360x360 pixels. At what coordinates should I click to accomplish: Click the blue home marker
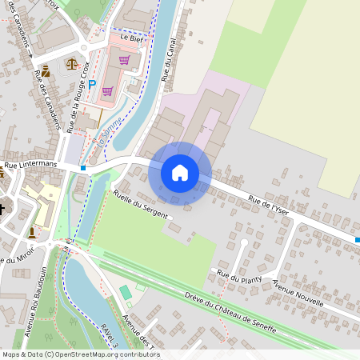click(x=180, y=173)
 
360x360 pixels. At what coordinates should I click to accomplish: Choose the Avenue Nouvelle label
click(x=298, y=294)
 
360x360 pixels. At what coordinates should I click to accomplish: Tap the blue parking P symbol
click(x=92, y=83)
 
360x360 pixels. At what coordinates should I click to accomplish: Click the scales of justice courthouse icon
click(x=73, y=63)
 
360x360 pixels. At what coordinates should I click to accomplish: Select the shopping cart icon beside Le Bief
click(x=124, y=59)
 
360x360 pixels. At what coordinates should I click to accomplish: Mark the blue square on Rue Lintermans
click(x=83, y=168)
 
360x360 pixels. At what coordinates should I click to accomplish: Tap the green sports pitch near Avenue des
click(x=126, y=293)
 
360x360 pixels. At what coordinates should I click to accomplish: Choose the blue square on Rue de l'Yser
click(x=357, y=239)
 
